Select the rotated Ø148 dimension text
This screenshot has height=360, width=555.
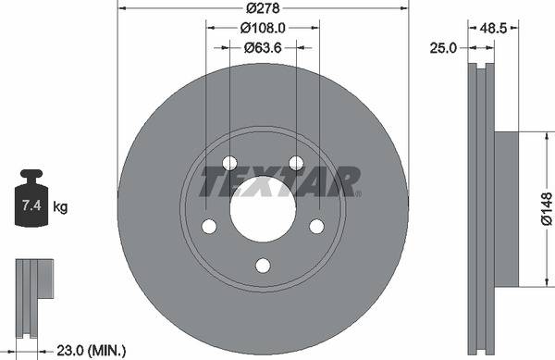pos(546,209)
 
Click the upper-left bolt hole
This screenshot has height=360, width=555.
pos(230,164)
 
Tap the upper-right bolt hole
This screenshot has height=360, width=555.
pos(296,164)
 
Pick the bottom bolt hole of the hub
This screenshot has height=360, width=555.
pos(263,266)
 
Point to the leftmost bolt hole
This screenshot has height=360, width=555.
pos(210,226)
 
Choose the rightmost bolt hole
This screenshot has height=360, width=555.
pos(316,226)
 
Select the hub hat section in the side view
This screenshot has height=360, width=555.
pos(508,209)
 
